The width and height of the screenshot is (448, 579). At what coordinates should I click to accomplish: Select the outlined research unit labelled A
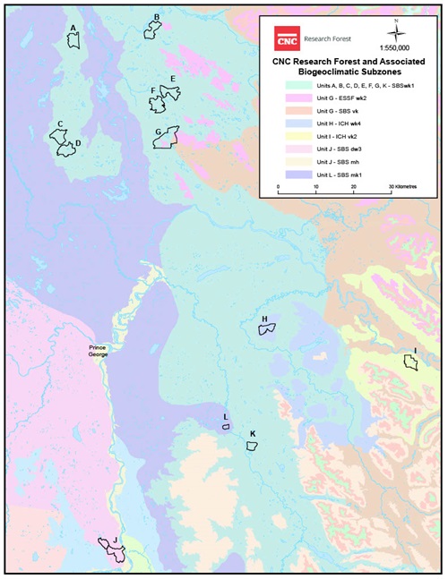(74, 40)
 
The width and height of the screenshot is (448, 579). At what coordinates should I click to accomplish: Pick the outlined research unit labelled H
(268, 328)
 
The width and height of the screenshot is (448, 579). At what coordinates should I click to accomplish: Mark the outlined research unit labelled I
(411, 362)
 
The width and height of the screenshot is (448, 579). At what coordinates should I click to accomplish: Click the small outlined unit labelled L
(227, 427)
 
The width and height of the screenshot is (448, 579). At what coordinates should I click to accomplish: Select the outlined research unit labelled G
(167, 138)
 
